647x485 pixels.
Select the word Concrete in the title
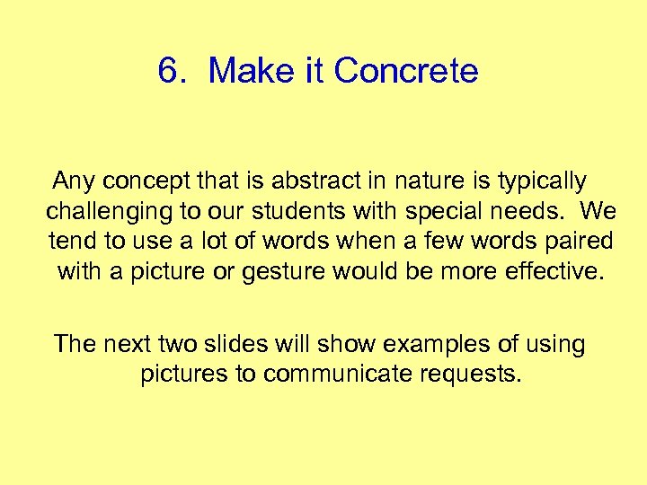(x=406, y=71)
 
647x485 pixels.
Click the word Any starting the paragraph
(x=74, y=181)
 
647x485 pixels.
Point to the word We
(x=598, y=211)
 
